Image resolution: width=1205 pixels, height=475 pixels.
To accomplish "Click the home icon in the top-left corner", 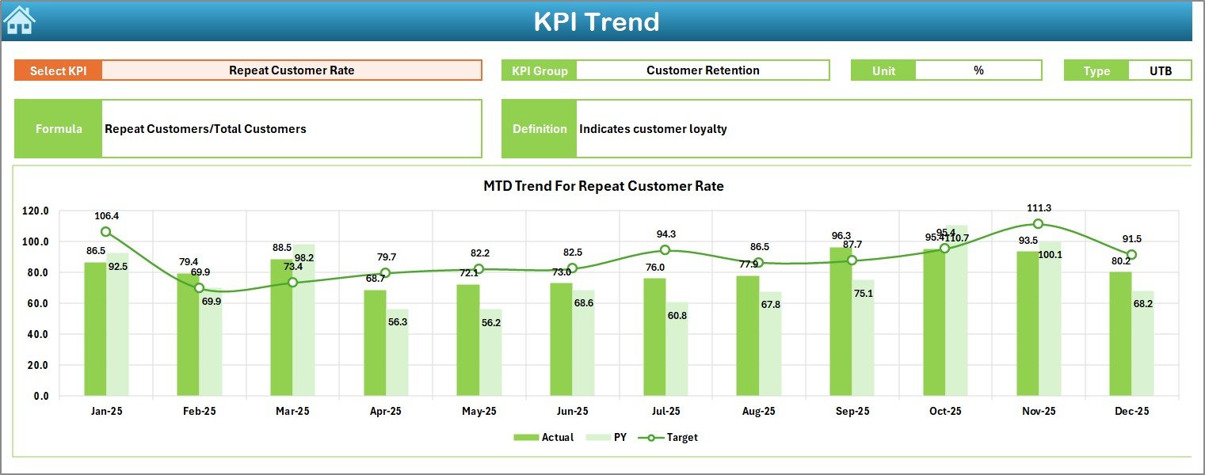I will coord(19,20).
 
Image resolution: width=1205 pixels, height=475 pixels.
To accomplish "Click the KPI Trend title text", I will coord(596,21).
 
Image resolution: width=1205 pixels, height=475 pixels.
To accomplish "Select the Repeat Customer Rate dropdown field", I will coord(292,70).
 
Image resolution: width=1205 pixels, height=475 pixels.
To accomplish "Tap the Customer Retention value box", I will coord(702,70).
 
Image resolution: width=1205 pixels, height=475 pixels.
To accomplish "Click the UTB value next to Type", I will coord(1160,70).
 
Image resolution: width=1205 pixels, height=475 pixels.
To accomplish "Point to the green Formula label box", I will coord(59,129).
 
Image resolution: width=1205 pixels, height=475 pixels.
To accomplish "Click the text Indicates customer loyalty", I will coord(653,129).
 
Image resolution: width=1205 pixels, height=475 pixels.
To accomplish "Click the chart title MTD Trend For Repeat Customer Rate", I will coord(604,186).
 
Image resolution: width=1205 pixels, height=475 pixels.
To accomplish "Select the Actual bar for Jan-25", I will coord(95,329).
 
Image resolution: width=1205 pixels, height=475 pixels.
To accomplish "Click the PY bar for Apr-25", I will coord(398,352).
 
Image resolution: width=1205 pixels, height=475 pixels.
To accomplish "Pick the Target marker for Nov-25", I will coord(1038,224).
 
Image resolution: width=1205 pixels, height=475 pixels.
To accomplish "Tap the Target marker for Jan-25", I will coord(105,232).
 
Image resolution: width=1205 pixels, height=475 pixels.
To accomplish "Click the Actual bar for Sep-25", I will coord(841,321).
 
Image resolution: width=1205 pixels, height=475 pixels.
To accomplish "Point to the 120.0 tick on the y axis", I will coord(36,211).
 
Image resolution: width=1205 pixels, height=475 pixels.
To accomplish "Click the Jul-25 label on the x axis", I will coord(665,412).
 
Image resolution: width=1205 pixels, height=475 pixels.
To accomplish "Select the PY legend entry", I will coord(610,437).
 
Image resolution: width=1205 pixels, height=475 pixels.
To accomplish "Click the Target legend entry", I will coord(673,437).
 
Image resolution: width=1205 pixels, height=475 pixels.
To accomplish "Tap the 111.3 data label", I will coord(1038,208).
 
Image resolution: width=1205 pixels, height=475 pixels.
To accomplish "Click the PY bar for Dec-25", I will coord(1142,343).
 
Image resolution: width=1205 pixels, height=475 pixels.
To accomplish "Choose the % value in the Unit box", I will coord(978,70).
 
